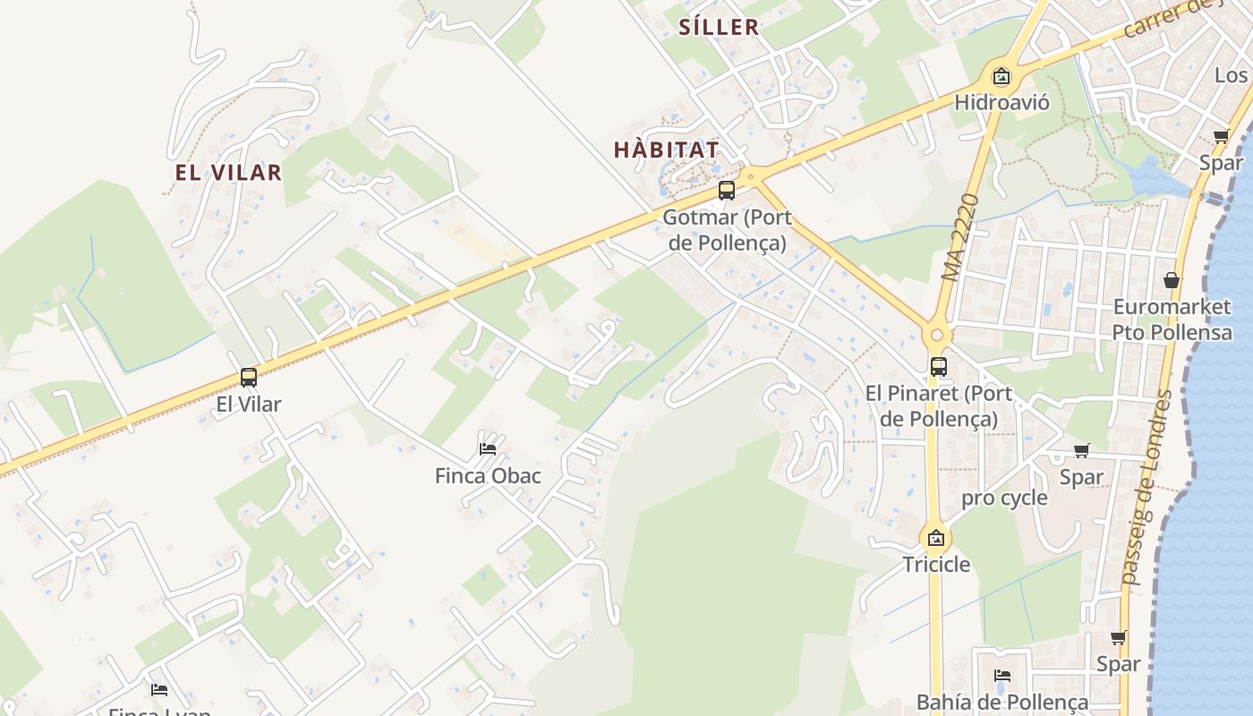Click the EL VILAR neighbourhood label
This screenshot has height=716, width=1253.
[228, 173]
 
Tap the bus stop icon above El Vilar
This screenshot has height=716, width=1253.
[249, 377]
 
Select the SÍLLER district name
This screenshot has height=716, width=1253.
[719, 28]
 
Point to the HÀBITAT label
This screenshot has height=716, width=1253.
[667, 149]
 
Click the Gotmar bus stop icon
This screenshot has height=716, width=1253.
[727, 190]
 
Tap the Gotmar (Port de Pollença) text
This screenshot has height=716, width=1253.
[727, 229]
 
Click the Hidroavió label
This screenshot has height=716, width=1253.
[1002, 102]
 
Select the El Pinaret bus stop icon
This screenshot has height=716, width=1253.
[938, 366]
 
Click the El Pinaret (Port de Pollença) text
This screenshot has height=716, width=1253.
[939, 405]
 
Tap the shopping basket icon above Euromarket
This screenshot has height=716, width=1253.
[1172, 280]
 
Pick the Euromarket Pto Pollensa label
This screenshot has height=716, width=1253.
[1172, 320]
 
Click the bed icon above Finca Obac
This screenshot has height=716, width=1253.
[488, 448]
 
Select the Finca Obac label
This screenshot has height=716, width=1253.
[488, 475]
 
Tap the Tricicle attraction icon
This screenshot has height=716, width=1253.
[935, 538]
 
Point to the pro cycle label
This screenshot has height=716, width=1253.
[1004, 498]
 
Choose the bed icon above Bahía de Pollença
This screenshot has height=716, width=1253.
[1002, 675]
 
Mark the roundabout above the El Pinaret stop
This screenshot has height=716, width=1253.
[937, 336]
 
